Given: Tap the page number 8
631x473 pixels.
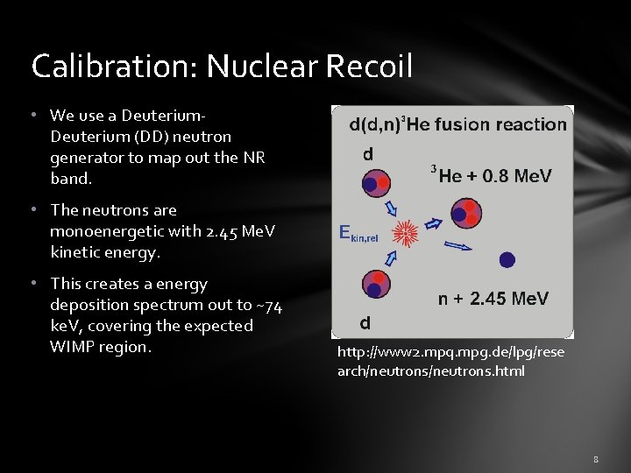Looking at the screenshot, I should point(595,459).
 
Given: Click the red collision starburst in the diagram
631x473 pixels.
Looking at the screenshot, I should point(406,233).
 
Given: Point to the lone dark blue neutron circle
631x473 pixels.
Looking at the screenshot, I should point(507,259).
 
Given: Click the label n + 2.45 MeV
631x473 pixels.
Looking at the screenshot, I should point(493,300).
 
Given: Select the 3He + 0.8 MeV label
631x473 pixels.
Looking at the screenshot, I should point(492,175).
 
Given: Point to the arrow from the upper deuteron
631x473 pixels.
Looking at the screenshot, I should point(391,208).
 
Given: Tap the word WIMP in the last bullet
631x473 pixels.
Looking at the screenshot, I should point(71,347).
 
